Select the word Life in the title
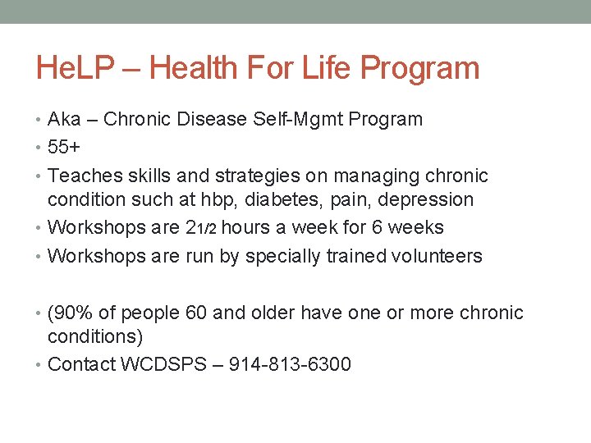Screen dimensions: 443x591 coord(321,68)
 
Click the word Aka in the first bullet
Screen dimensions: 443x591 coord(64,120)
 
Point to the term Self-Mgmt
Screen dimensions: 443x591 coord(304,120)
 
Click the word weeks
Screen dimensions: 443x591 coord(417,228)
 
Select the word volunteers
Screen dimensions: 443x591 coord(436,256)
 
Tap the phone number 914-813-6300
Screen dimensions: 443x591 coord(291,365)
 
